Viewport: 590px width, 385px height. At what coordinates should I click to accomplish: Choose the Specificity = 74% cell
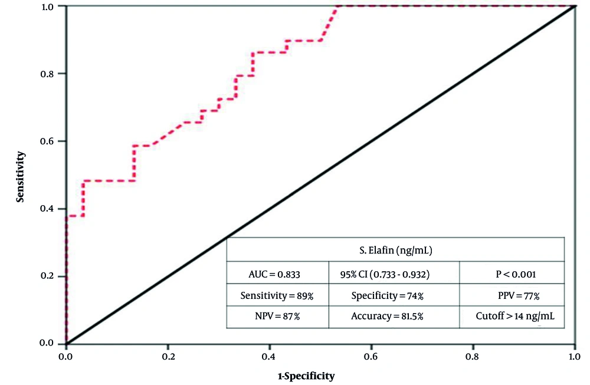394,295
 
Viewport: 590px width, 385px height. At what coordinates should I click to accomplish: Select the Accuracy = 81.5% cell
394,316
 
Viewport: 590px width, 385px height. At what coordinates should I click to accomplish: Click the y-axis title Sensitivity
20,176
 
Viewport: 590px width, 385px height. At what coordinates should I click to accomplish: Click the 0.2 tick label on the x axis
168,357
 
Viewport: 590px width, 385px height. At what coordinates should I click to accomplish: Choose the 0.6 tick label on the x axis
371,357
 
